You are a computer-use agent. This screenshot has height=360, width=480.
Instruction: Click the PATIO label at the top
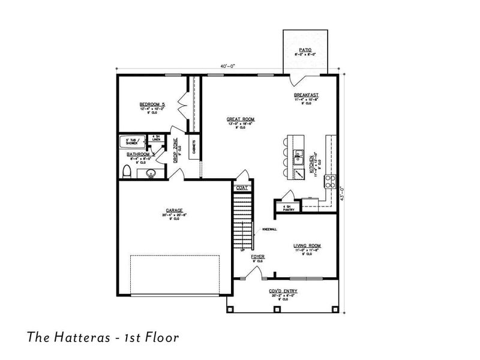305,50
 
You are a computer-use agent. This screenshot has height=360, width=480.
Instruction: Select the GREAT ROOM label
240,119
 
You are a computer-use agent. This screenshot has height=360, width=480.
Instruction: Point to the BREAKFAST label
306,95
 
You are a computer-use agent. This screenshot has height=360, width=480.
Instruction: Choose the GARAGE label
175,211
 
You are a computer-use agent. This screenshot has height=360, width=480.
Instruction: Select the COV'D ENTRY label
283,292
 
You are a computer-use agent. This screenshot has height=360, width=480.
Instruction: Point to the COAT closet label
241,188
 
